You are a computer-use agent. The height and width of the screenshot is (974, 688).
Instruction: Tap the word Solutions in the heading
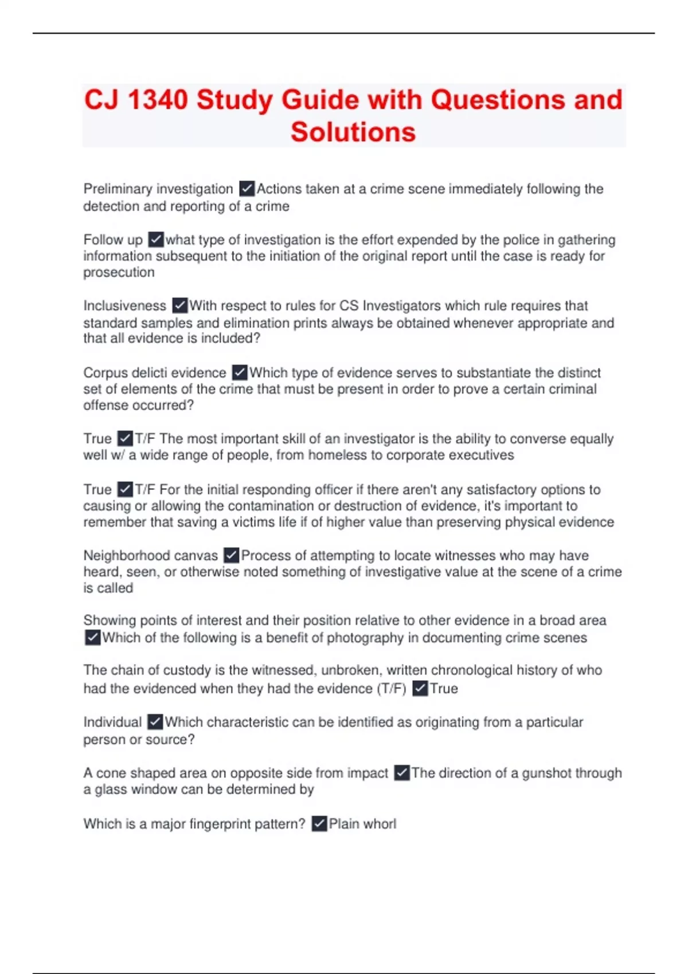pyautogui.click(x=353, y=132)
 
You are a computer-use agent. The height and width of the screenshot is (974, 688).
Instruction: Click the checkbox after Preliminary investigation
pyautogui.click(x=247, y=188)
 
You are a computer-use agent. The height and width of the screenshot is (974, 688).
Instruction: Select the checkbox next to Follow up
pyautogui.click(x=156, y=239)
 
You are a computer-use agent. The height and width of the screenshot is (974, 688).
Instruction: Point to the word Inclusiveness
pyautogui.click(x=124, y=306)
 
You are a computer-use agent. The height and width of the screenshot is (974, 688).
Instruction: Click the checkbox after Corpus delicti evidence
pyautogui.click(x=240, y=372)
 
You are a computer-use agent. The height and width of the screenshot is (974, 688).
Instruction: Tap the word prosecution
pyautogui.click(x=119, y=272)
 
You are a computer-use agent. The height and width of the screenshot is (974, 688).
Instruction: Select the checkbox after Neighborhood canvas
pyautogui.click(x=231, y=555)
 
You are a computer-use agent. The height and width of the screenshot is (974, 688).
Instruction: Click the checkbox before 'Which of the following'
pyautogui.click(x=92, y=637)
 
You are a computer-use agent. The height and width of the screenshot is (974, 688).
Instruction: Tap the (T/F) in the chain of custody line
pyautogui.click(x=391, y=689)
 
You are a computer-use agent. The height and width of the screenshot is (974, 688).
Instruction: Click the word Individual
pyautogui.click(x=112, y=722)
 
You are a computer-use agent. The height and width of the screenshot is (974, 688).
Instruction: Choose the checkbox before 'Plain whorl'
pyautogui.click(x=319, y=824)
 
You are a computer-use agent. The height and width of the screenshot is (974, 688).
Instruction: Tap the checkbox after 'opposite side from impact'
pyautogui.click(x=402, y=773)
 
